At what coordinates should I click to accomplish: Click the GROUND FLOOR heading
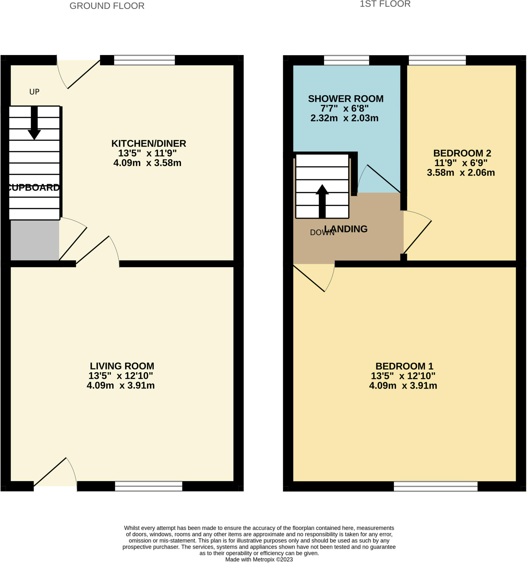pos(107,6)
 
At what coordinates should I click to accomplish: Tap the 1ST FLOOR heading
pos(385,4)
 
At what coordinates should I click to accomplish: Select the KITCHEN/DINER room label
pos(149,143)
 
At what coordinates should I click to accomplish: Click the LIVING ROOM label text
pos(122,366)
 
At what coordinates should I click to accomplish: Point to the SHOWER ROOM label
pos(346,99)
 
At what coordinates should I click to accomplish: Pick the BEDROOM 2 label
pos(462,153)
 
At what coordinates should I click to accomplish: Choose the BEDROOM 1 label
pos(404,366)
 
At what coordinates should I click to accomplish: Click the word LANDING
pos(346,229)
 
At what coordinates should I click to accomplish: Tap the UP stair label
pos(34,92)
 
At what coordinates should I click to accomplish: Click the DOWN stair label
pos(322,233)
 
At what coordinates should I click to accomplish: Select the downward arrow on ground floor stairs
pos(34,123)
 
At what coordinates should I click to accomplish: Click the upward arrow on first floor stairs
pos(322,201)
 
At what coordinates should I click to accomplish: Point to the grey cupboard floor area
pos(35,240)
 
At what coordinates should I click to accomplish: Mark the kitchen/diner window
pos(144,60)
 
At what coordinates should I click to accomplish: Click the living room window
pos(148,486)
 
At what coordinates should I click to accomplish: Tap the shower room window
pos(347,60)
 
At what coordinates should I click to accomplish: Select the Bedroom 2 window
pos(437,60)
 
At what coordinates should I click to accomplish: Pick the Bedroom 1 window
pos(436,486)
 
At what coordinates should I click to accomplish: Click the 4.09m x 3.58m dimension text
pos(147,163)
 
